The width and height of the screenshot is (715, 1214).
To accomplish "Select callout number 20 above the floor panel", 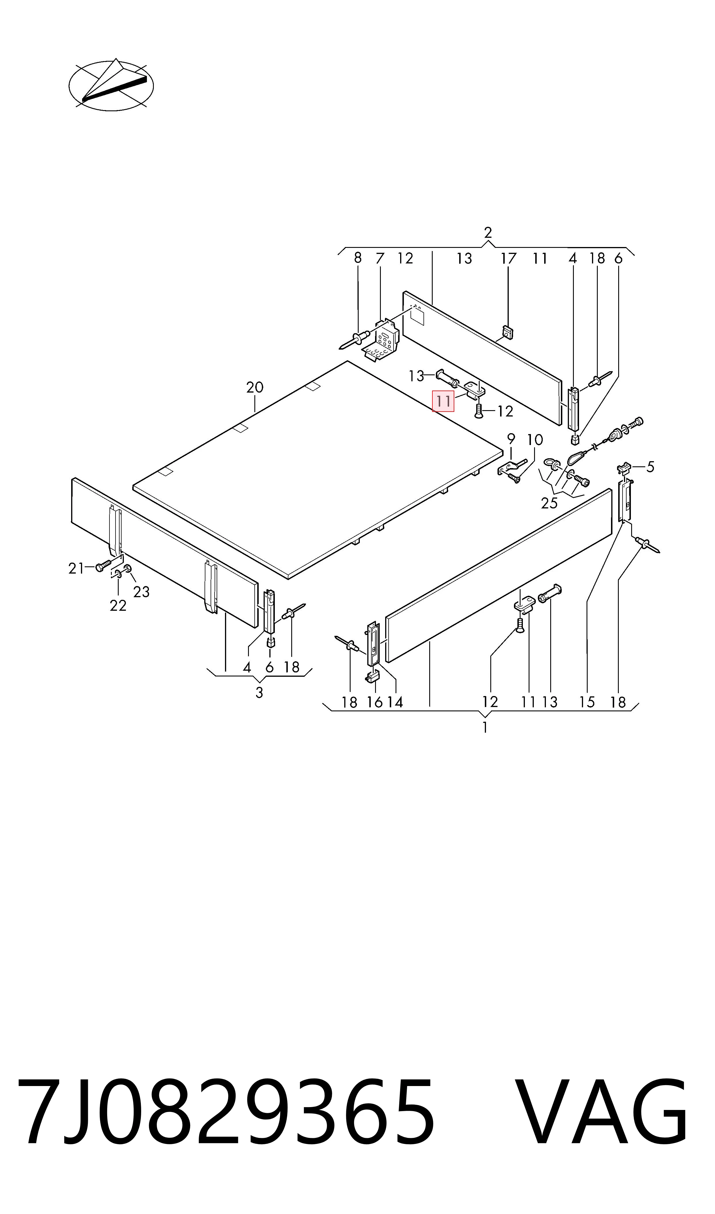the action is [x=255, y=387].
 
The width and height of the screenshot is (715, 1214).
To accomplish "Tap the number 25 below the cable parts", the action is [x=549, y=503].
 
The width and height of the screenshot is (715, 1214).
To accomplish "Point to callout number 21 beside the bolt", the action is [x=76, y=569].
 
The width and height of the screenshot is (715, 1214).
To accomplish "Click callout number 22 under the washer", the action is [x=118, y=605].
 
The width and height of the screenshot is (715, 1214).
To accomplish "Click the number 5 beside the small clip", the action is [x=650, y=467].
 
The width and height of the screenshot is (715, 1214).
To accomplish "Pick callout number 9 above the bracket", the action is [x=511, y=439].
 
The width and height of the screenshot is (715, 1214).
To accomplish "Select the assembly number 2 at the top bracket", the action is [x=488, y=233].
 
